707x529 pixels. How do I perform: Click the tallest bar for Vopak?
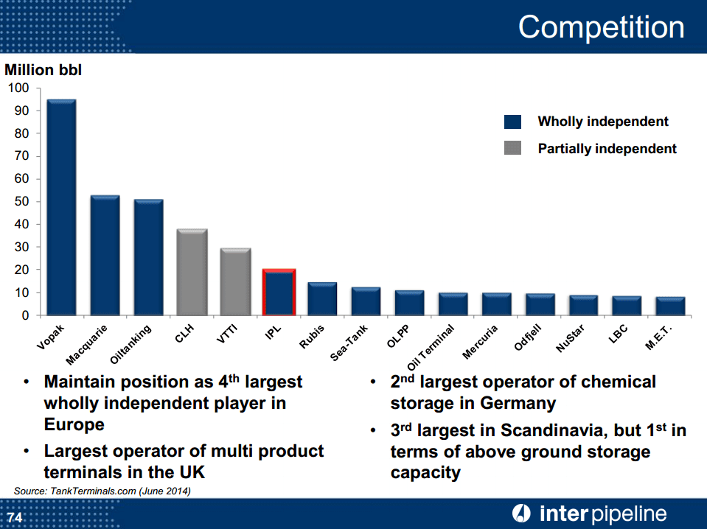point(61,207)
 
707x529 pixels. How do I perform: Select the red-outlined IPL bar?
point(279,292)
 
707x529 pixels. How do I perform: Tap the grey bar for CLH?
point(192,272)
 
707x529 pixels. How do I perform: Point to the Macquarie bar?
point(105,255)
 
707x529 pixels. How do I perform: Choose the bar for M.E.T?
point(670,306)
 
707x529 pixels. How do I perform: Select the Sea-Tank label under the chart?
point(349,343)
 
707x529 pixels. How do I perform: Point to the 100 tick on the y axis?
point(19,88)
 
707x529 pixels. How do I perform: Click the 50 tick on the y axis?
point(22,201)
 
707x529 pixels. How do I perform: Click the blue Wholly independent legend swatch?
point(512,122)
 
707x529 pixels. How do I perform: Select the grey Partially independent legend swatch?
point(512,148)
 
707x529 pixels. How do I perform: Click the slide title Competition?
point(601,27)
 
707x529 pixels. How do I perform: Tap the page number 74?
point(15,517)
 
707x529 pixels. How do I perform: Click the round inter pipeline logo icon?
point(522,514)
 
